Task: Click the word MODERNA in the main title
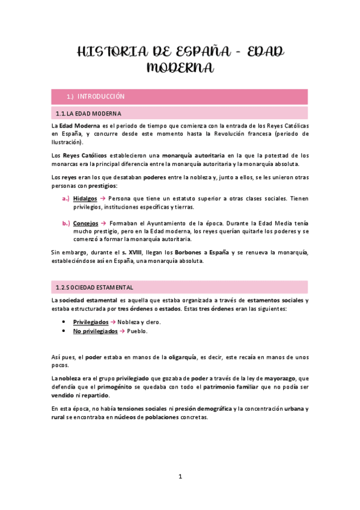[180, 68]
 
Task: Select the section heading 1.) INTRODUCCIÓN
[96, 96]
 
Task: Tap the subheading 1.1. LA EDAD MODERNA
[88, 113]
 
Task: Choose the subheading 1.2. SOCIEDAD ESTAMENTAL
[94, 287]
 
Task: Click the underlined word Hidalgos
[85, 198]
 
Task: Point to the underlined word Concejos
[85, 223]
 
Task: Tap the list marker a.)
[66, 198]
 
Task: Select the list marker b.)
[66, 223]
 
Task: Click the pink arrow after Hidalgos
[103, 198]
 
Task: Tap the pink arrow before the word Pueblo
[121, 331]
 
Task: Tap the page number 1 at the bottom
[180, 476]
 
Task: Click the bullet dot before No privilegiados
[63, 331]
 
